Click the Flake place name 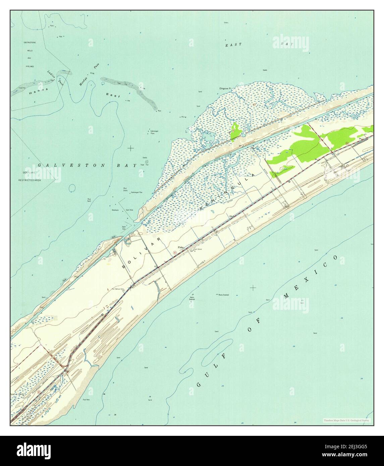tap(181, 247)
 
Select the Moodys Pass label tap(85, 78)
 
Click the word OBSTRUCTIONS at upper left tap(30, 43)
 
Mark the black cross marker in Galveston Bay tap(130, 148)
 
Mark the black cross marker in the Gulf tap(253, 287)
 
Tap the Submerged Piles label tap(154, 132)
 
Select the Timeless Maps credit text tap(347, 420)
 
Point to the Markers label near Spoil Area tap(115, 210)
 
